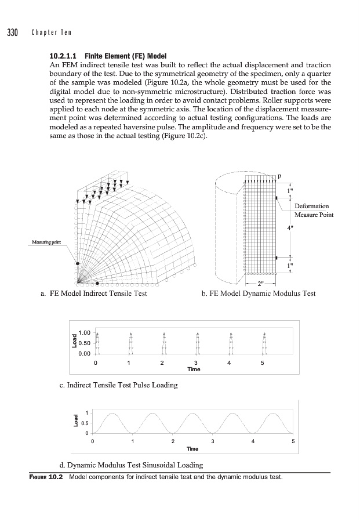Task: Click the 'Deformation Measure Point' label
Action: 312,211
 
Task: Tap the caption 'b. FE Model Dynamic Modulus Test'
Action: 258,293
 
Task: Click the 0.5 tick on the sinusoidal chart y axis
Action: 85,423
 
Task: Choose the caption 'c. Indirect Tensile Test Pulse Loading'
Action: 119,385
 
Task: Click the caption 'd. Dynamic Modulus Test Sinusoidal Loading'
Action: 132,465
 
